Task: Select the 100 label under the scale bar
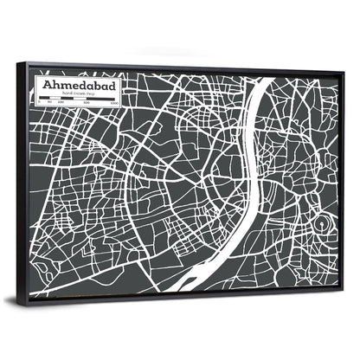click(x=61, y=105)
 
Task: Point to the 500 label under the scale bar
click(x=86, y=105)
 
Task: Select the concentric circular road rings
click(x=323, y=225)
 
